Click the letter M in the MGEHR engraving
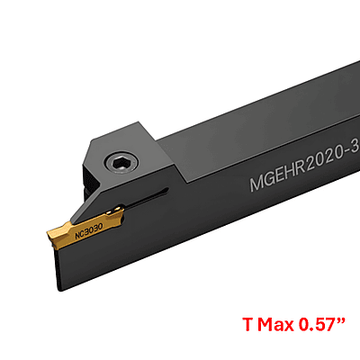coord(256,184)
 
